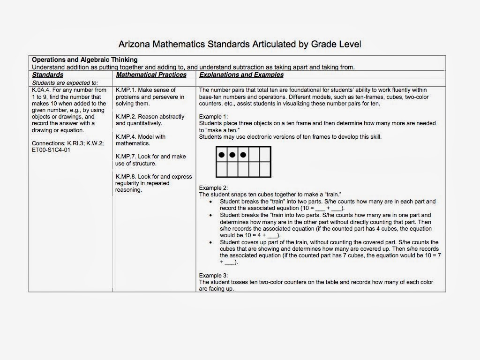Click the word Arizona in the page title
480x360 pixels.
point(135,45)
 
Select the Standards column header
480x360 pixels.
point(48,75)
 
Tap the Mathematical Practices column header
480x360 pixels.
point(151,75)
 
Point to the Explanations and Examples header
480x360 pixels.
point(241,75)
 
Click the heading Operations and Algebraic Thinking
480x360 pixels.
point(84,60)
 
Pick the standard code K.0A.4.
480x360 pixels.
point(41,90)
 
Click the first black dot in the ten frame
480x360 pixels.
point(222,154)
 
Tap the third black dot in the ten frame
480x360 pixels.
point(243,154)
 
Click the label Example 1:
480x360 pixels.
point(213,116)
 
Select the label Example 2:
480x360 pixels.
point(213,187)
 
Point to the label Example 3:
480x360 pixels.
point(213,276)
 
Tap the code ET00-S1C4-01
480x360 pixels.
point(52,150)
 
